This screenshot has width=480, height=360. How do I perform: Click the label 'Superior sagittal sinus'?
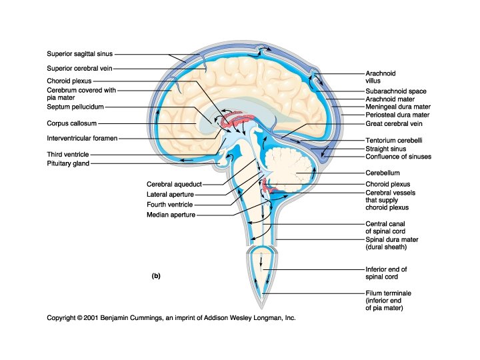[x=82, y=54]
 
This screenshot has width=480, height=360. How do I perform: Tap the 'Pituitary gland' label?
[x=68, y=163]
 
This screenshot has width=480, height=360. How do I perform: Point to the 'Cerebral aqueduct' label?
[x=174, y=184]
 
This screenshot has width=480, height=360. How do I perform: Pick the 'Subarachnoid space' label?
[x=396, y=91]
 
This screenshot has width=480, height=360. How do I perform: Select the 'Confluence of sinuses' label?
[x=398, y=157]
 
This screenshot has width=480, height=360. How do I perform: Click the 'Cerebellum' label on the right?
[x=383, y=172]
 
